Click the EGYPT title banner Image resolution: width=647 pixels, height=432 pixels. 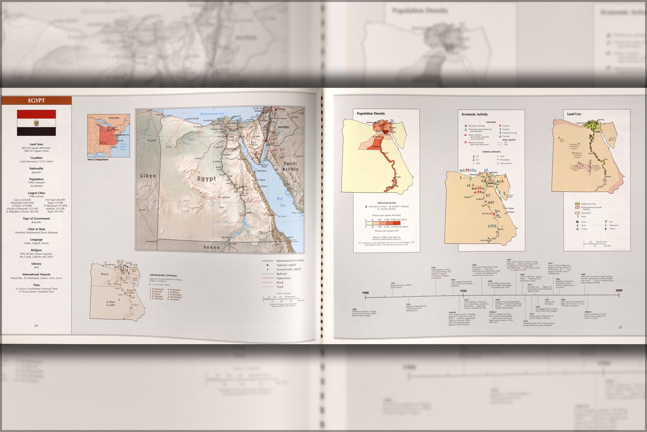tap(36, 100)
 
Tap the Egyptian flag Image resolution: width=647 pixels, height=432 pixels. tap(36, 123)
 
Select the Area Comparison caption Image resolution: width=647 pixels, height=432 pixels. tap(98, 159)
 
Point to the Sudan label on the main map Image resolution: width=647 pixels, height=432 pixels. tap(211, 247)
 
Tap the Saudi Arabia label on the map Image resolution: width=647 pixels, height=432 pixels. tap(290, 166)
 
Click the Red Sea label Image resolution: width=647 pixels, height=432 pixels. tap(280, 201)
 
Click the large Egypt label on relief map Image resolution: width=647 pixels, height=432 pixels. tap(207, 179)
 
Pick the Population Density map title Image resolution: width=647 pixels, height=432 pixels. tap(371, 114)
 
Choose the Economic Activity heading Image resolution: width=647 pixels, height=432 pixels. tap(474, 114)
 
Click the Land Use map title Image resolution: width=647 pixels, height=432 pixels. tap(574, 114)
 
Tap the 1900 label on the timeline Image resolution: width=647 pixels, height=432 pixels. tap(365, 293)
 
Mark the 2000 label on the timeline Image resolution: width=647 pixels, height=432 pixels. tap(619, 290)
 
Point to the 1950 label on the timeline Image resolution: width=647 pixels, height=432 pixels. tap(463, 291)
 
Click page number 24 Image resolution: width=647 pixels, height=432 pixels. tap(36, 325)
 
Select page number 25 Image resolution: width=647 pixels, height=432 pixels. tap(620, 327)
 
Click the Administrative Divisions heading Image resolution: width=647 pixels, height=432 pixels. tap(163, 275)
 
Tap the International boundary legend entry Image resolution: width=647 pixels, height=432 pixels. tap(290, 260)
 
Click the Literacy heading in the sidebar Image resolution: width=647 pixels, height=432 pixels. tap(36, 264)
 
